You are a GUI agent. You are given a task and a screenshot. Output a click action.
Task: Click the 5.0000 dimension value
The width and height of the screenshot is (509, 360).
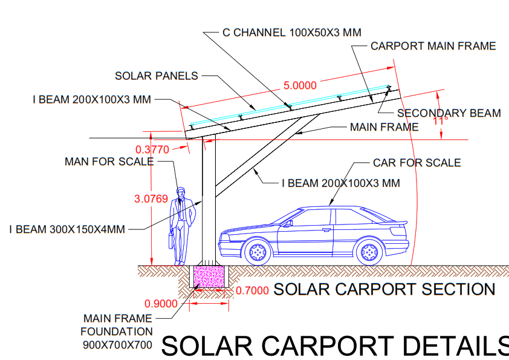pyautogui.click(x=300, y=85)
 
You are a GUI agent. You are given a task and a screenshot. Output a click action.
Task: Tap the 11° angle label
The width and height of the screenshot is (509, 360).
pyautogui.click(x=440, y=121)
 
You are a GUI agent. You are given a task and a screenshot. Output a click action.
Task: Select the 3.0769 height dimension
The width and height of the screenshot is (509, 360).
pyautogui.click(x=151, y=199)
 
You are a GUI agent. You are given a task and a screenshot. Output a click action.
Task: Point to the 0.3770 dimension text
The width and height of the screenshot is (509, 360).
pyautogui.click(x=152, y=149)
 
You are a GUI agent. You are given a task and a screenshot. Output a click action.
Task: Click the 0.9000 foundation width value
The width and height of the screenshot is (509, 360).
pyautogui.click(x=161, y=304)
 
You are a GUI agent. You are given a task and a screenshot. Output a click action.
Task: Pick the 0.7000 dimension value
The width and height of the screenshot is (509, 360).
pyautogui.click(x=252, y=290)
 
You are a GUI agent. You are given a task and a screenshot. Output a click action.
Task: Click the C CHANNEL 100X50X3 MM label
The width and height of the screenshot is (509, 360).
pyautogui.click(x=292, y=33)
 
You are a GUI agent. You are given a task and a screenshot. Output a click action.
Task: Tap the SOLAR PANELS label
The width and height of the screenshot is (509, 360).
pyautogui.click(x=157, y=76)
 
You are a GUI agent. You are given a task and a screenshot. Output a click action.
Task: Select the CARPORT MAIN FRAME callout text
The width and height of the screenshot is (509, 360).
pyautogui.click(x=433, y=46)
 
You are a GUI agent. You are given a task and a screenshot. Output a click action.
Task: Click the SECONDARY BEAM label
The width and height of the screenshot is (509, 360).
pyautogui.click(x=449, y=113)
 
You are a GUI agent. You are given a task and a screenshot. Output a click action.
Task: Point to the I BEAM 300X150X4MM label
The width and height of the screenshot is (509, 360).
pyautogui.click(x=67, y=229)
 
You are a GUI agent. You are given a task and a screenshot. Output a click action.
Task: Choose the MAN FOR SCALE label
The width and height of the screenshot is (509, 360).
pyautogui.click(x=109, y=162)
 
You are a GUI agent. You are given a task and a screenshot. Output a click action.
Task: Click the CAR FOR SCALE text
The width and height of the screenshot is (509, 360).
pyautogui.click(x=417, y=163)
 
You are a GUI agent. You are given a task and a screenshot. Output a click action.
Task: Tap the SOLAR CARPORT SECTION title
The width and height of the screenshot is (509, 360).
pyautogui.click(x=384, y=289)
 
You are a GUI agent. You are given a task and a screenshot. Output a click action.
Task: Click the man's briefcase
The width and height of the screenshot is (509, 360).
pyautogui.click(x=171, y=240)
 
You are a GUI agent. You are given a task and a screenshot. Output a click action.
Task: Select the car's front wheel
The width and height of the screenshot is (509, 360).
pyautogui.click(x=258, y=252)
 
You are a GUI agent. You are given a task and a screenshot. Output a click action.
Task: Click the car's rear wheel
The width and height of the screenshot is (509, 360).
pyautogui.click(x=369, y=252)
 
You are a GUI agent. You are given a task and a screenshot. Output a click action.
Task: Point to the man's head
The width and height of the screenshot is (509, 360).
pyautogui.click(x=181, y=192)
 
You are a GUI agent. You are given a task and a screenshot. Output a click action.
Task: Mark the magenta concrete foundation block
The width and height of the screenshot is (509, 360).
pyautogui.click(x=209, y=276)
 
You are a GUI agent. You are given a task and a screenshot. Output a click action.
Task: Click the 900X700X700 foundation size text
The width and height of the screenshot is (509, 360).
pyautogui.click(x=117, y=345)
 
